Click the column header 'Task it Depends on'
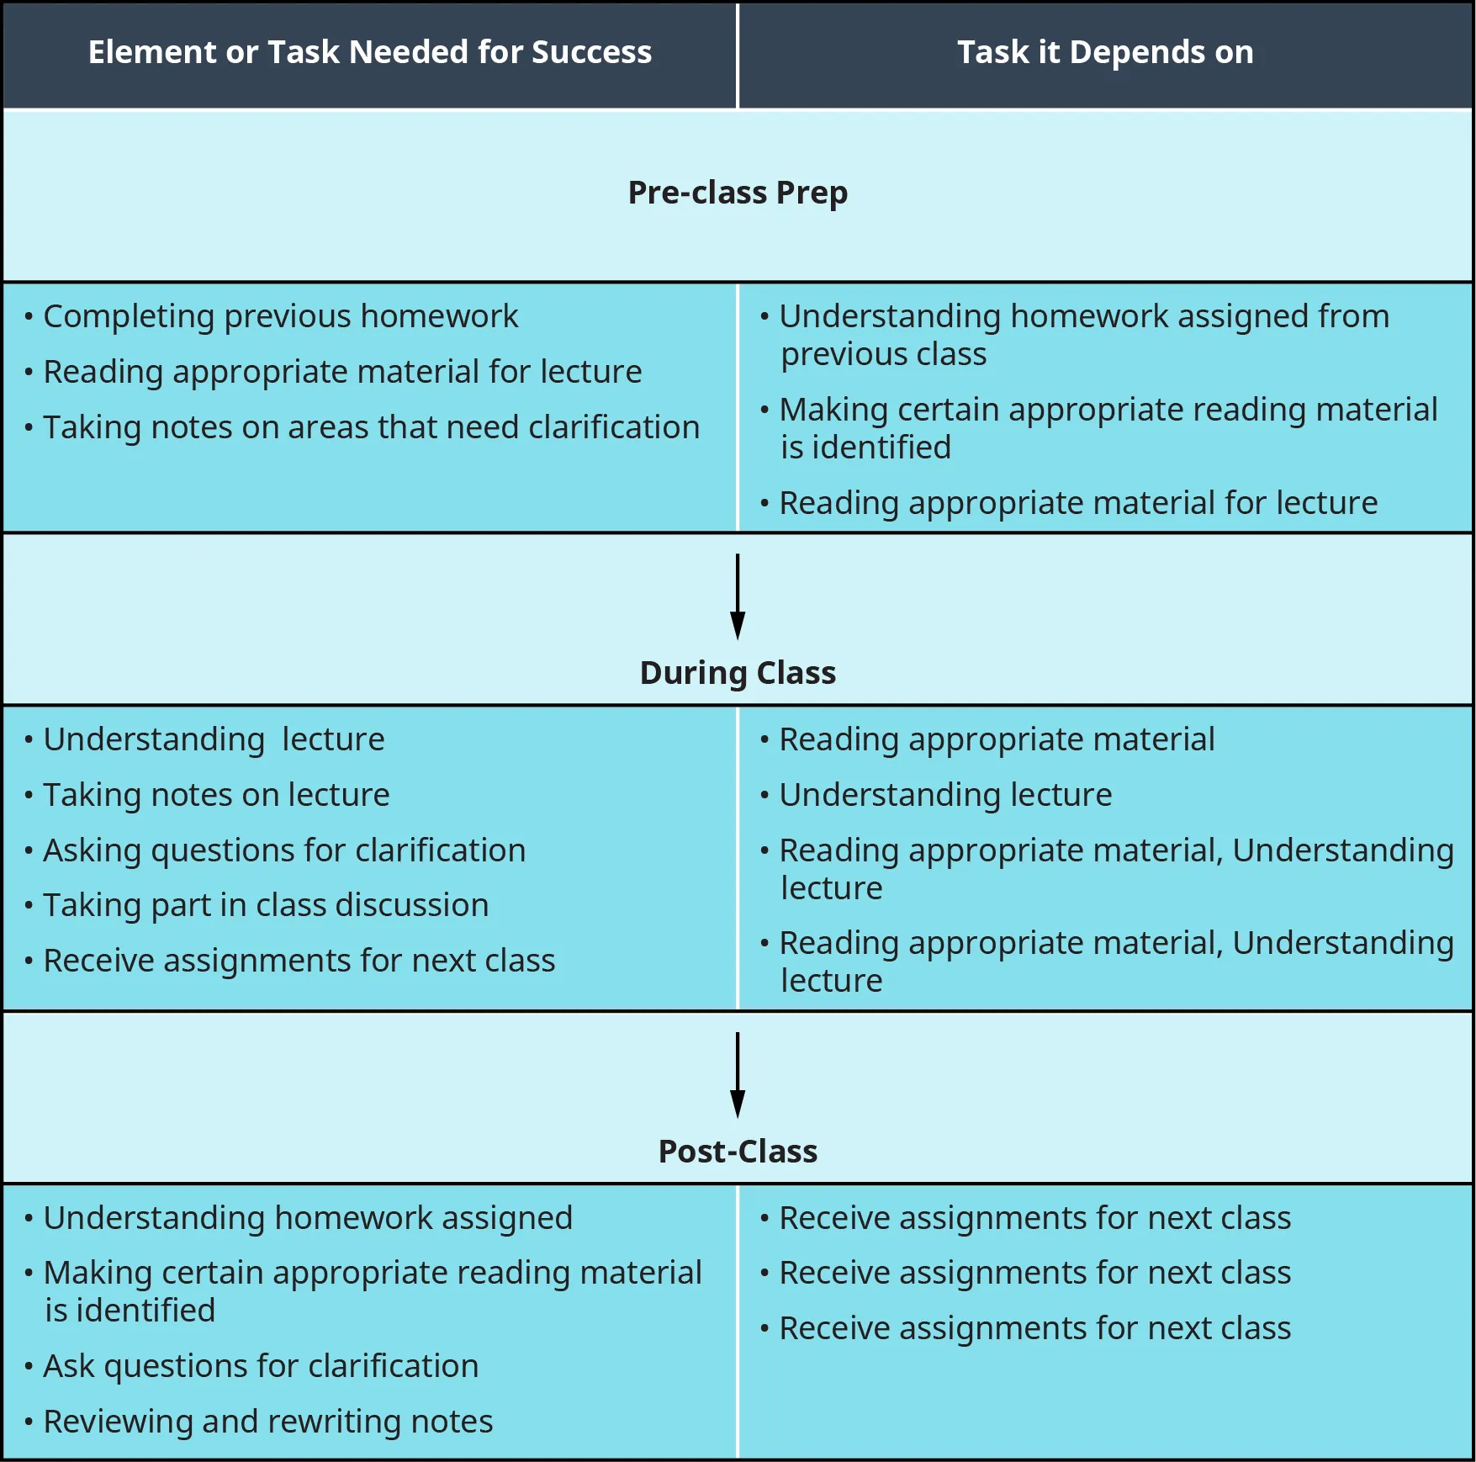(x=1105, y=52)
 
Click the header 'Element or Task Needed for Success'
(x=370, y=52)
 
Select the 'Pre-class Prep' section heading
(x=738, y=193)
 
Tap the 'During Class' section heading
(x=738, y=673)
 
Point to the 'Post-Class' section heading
(x=738, y=1152)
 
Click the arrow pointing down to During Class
(x=738, y=596)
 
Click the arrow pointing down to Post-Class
(x=738, y=1075)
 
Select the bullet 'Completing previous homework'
(x=280, y=316)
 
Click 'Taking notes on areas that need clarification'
(x=371, y=427)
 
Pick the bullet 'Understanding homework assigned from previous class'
(x=1083, y=335)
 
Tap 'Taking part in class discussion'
(x=266, y=905)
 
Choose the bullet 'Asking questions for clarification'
(x=284, y=850)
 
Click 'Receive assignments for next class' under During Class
(x=299, y=961)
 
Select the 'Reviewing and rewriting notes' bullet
(x=267, y=1422)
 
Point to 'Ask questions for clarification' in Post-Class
(x=261, y=1366)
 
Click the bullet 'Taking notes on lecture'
(x=216, y=795)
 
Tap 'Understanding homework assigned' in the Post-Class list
(x=308, y=1218)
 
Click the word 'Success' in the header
(x=591, y=52)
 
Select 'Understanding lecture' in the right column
(x=945, y=795)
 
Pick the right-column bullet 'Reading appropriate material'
(x=997, y=739)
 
